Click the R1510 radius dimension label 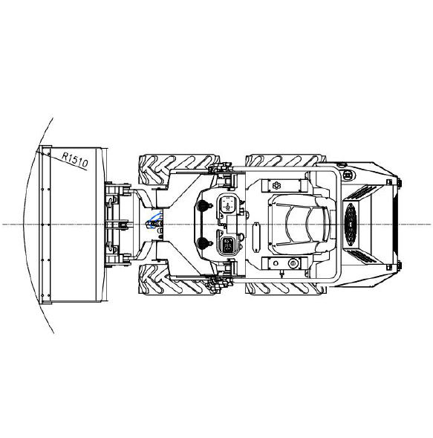pos(75,160)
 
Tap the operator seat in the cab pos(302,225)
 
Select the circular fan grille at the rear pos(351,225)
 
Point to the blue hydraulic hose pos(154,220)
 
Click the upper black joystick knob pos(203,205)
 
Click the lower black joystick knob pos(203,243)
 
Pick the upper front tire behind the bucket pos(179,169)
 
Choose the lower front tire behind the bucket pos(179,280)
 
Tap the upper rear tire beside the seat pos(285,161)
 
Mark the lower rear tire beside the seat pos(285,288)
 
